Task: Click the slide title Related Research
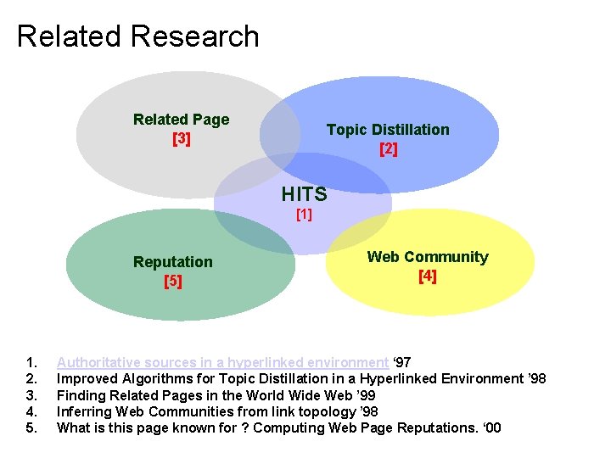(137, 36)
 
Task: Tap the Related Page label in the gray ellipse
(181, 120)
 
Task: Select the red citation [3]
(181, 138)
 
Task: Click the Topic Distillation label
(388, 130)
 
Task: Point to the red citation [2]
(388, 149)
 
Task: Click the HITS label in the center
(304, 195)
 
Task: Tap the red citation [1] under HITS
(304, 215)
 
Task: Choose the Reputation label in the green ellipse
(172, 262)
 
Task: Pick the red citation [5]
(172, 281)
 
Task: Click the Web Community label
(427, 257)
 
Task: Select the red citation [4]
(427, 276)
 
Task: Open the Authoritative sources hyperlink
(222, 363)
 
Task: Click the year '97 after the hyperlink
(402, 363)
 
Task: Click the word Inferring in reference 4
(83, 411)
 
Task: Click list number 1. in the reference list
(31, 363)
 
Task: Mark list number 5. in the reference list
(31, 427)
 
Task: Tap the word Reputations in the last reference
(428, 427)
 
